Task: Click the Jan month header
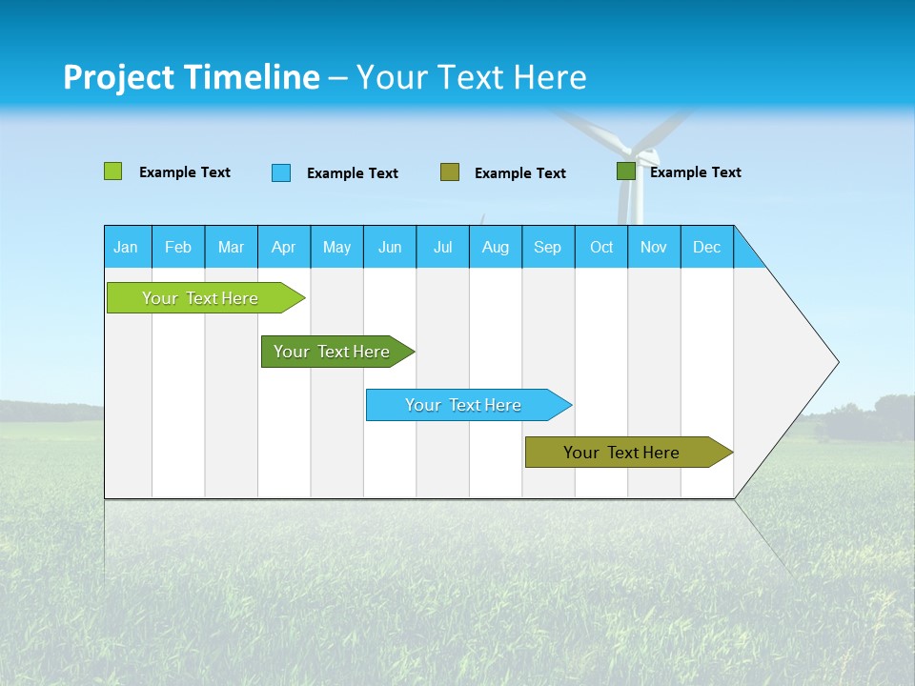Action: (126, 247)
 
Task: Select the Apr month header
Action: (284, 247)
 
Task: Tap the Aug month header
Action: (496, 247)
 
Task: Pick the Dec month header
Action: (706, 247)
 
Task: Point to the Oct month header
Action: (601, 247)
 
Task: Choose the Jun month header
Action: (390, 247)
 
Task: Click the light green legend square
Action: (112, 171)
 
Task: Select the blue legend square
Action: (281, 172)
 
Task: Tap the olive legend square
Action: (450, 171)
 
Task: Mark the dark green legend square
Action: (626, 171)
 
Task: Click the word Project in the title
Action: (118, 77)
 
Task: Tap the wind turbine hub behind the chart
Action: (631, 151)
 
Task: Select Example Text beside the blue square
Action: (352, 173)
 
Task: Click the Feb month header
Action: (178, 247)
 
